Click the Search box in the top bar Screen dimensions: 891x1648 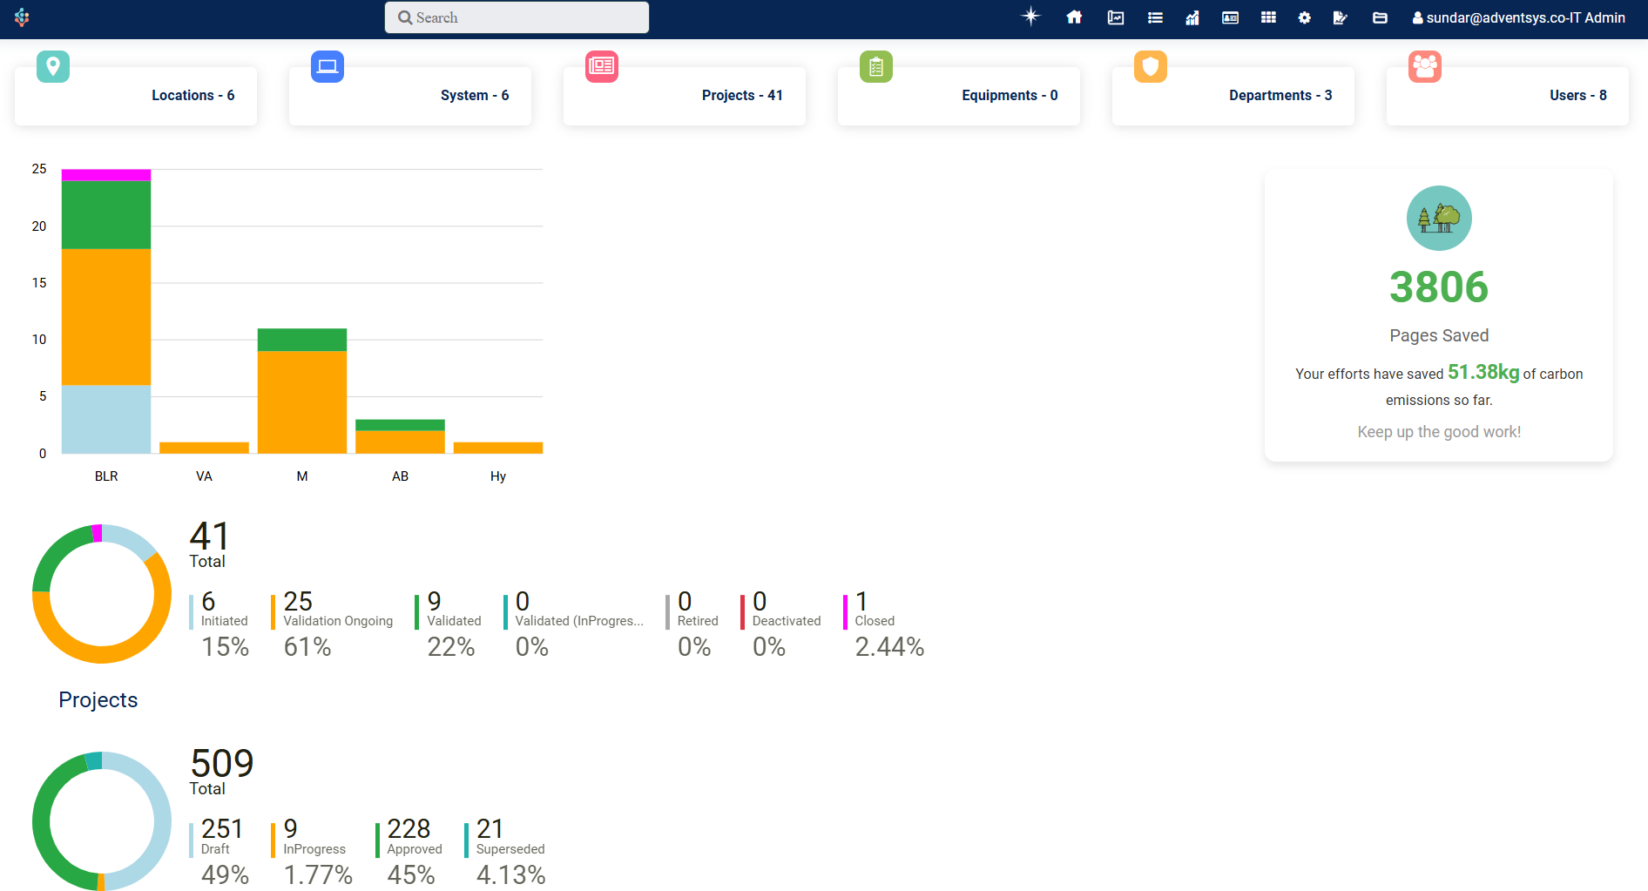[517, 17]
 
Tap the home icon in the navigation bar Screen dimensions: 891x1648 [1074, 17]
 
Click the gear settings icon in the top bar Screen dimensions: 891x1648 [1304, 17]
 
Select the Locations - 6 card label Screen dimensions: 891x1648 [192, 96]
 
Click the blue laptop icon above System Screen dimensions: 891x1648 [328, 66]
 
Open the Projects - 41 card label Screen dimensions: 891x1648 [742, 96]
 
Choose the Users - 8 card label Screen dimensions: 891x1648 [1577, 96]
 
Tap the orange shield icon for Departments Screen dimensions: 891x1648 [1150, 66]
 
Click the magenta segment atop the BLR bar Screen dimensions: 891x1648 [106, 175]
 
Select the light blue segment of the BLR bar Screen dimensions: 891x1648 [106, 419]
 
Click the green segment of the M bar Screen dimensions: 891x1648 [302, 340]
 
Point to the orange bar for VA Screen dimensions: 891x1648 [204, 448]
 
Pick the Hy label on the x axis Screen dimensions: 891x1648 [498, 476]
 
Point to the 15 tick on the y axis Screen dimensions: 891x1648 [39, 283]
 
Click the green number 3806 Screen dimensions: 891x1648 [1439, 287]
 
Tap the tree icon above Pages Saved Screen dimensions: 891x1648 [1439, 219]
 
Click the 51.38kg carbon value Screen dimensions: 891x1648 [1483, 373]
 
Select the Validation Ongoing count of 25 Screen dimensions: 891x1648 [298, 602]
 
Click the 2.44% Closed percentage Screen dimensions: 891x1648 [889, 647]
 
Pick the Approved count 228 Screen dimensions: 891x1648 [409, 829]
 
